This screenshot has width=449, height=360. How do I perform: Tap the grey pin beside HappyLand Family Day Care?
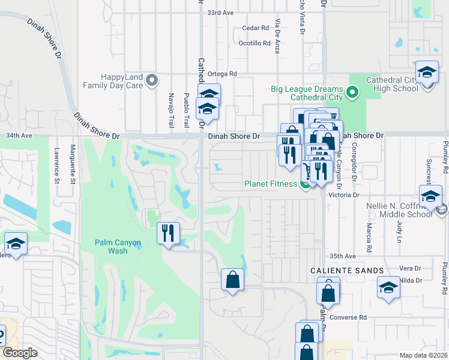coord(151,79)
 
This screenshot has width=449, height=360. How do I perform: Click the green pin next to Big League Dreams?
coord(352,93)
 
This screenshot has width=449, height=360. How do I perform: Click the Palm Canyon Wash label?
coord(118,247)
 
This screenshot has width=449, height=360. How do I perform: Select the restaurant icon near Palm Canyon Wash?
coord(168,233)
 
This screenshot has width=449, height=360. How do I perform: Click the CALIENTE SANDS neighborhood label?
coord(347,271)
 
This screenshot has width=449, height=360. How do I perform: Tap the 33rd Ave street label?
coord(219,13)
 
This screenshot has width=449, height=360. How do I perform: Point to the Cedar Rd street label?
coord(255,28)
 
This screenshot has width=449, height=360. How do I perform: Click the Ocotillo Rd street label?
coord(255,43)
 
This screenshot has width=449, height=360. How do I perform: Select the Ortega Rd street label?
coord(223,74)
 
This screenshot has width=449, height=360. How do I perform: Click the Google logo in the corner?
coord(20,353)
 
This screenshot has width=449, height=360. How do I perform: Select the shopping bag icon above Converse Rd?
coord(328,293)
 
